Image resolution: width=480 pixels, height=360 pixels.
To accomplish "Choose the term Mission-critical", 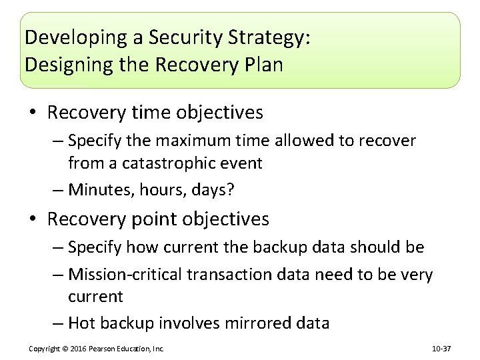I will [125, 275].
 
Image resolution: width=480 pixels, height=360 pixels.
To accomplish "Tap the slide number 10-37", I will [442, 349].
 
